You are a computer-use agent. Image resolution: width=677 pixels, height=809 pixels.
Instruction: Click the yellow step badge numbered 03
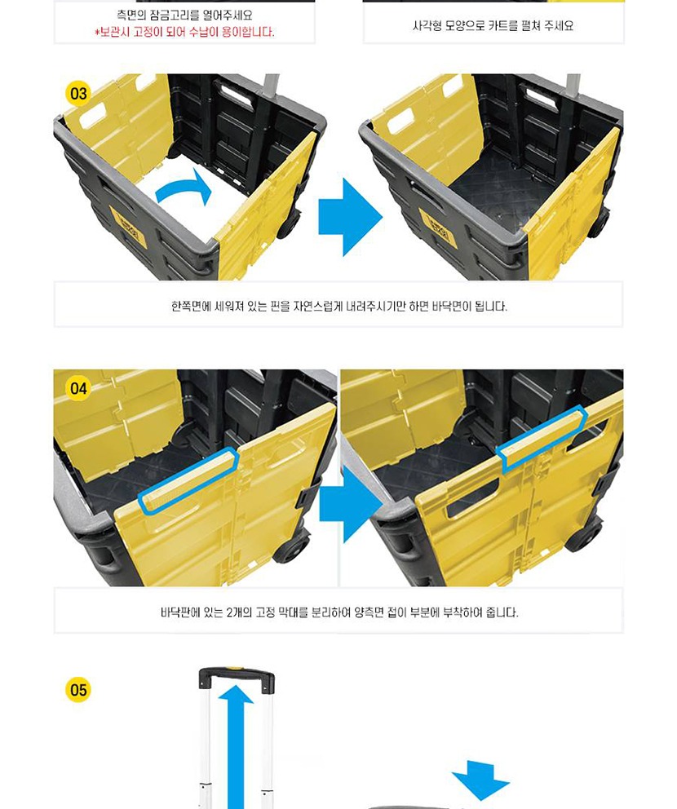click(x=78, y=94)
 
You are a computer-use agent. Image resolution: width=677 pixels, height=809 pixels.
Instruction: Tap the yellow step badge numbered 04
click(x=78, y=388)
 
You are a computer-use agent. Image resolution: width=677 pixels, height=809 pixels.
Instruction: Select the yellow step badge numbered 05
click(x=78, y=690)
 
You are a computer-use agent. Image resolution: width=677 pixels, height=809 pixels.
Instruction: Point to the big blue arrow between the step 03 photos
click(x=351, y=217)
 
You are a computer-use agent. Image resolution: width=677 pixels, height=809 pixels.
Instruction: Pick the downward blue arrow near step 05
click(x=480, y=779)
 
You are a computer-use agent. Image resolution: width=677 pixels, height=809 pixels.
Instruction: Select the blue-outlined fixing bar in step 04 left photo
click(x=189, y=480)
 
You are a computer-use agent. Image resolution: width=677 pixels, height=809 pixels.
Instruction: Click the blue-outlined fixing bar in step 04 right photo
click(x=542, y=439)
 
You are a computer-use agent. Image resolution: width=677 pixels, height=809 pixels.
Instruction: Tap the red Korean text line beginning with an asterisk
click(x=184, y=33)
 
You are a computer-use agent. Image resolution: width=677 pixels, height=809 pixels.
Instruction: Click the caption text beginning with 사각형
click(x=493, y=26)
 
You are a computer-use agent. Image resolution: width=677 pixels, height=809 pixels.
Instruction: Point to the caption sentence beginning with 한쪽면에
click(x=339, y=306)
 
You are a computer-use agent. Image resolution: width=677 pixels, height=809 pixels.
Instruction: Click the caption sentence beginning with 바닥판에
click(x=339, y=612)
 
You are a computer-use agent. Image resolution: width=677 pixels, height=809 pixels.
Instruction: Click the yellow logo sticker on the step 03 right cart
click(x=436, y=227)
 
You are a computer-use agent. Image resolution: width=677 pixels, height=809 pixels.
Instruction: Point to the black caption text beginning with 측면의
click(x=184, y=15)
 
